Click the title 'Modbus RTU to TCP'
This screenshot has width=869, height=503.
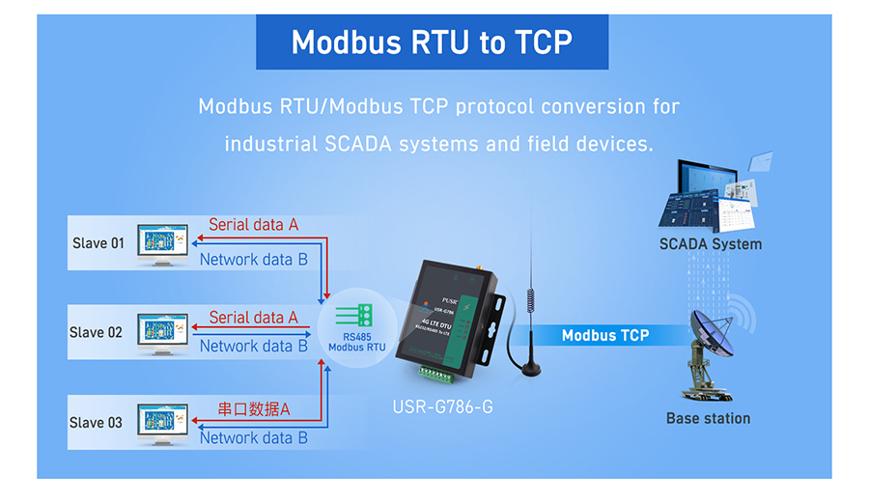pyautogui.click(x=432, y=42)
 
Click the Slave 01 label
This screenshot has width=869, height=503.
pyautogui.click(x=98, y=243)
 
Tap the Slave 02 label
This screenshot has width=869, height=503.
pyautogui.click(x=96, y=333)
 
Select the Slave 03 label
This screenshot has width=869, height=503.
pyautogui.click(x=96, y=423)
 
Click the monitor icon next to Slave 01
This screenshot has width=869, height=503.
pyautogui.click(x=161, y=243)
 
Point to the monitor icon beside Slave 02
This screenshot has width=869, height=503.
pyautogui.click(x=161, y=332)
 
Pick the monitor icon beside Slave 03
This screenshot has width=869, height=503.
pyautogui.click(x=161, y=422)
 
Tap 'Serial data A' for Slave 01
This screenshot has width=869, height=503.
pyautogui.click(x=253, y=225)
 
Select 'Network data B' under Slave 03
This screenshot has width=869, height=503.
pyautogui.click(x=253, y=438)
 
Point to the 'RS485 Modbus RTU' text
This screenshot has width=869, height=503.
pyautogui.click(x=357, y=341)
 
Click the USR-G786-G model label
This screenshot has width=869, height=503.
pyautogui.click(x=442, y=406)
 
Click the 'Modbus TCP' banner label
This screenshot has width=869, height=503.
pyautogui.click(x=605, y=336)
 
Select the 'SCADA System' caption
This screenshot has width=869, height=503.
pyautogui.click(x=710, y=244)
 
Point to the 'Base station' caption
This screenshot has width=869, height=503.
pyautogui.click(x=708, y=419)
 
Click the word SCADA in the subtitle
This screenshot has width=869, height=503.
pyautogui.click(x=355, y=144)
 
